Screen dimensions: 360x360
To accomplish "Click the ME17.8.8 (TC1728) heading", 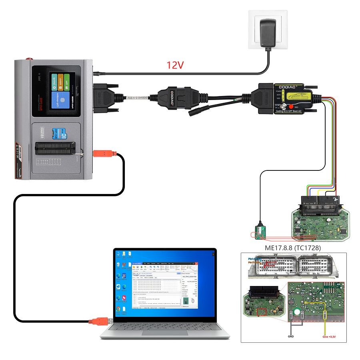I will (x=292, y=248).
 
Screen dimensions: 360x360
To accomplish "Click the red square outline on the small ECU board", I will (x=263, y=312).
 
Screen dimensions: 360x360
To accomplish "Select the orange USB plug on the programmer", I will (x=105, y=153).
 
